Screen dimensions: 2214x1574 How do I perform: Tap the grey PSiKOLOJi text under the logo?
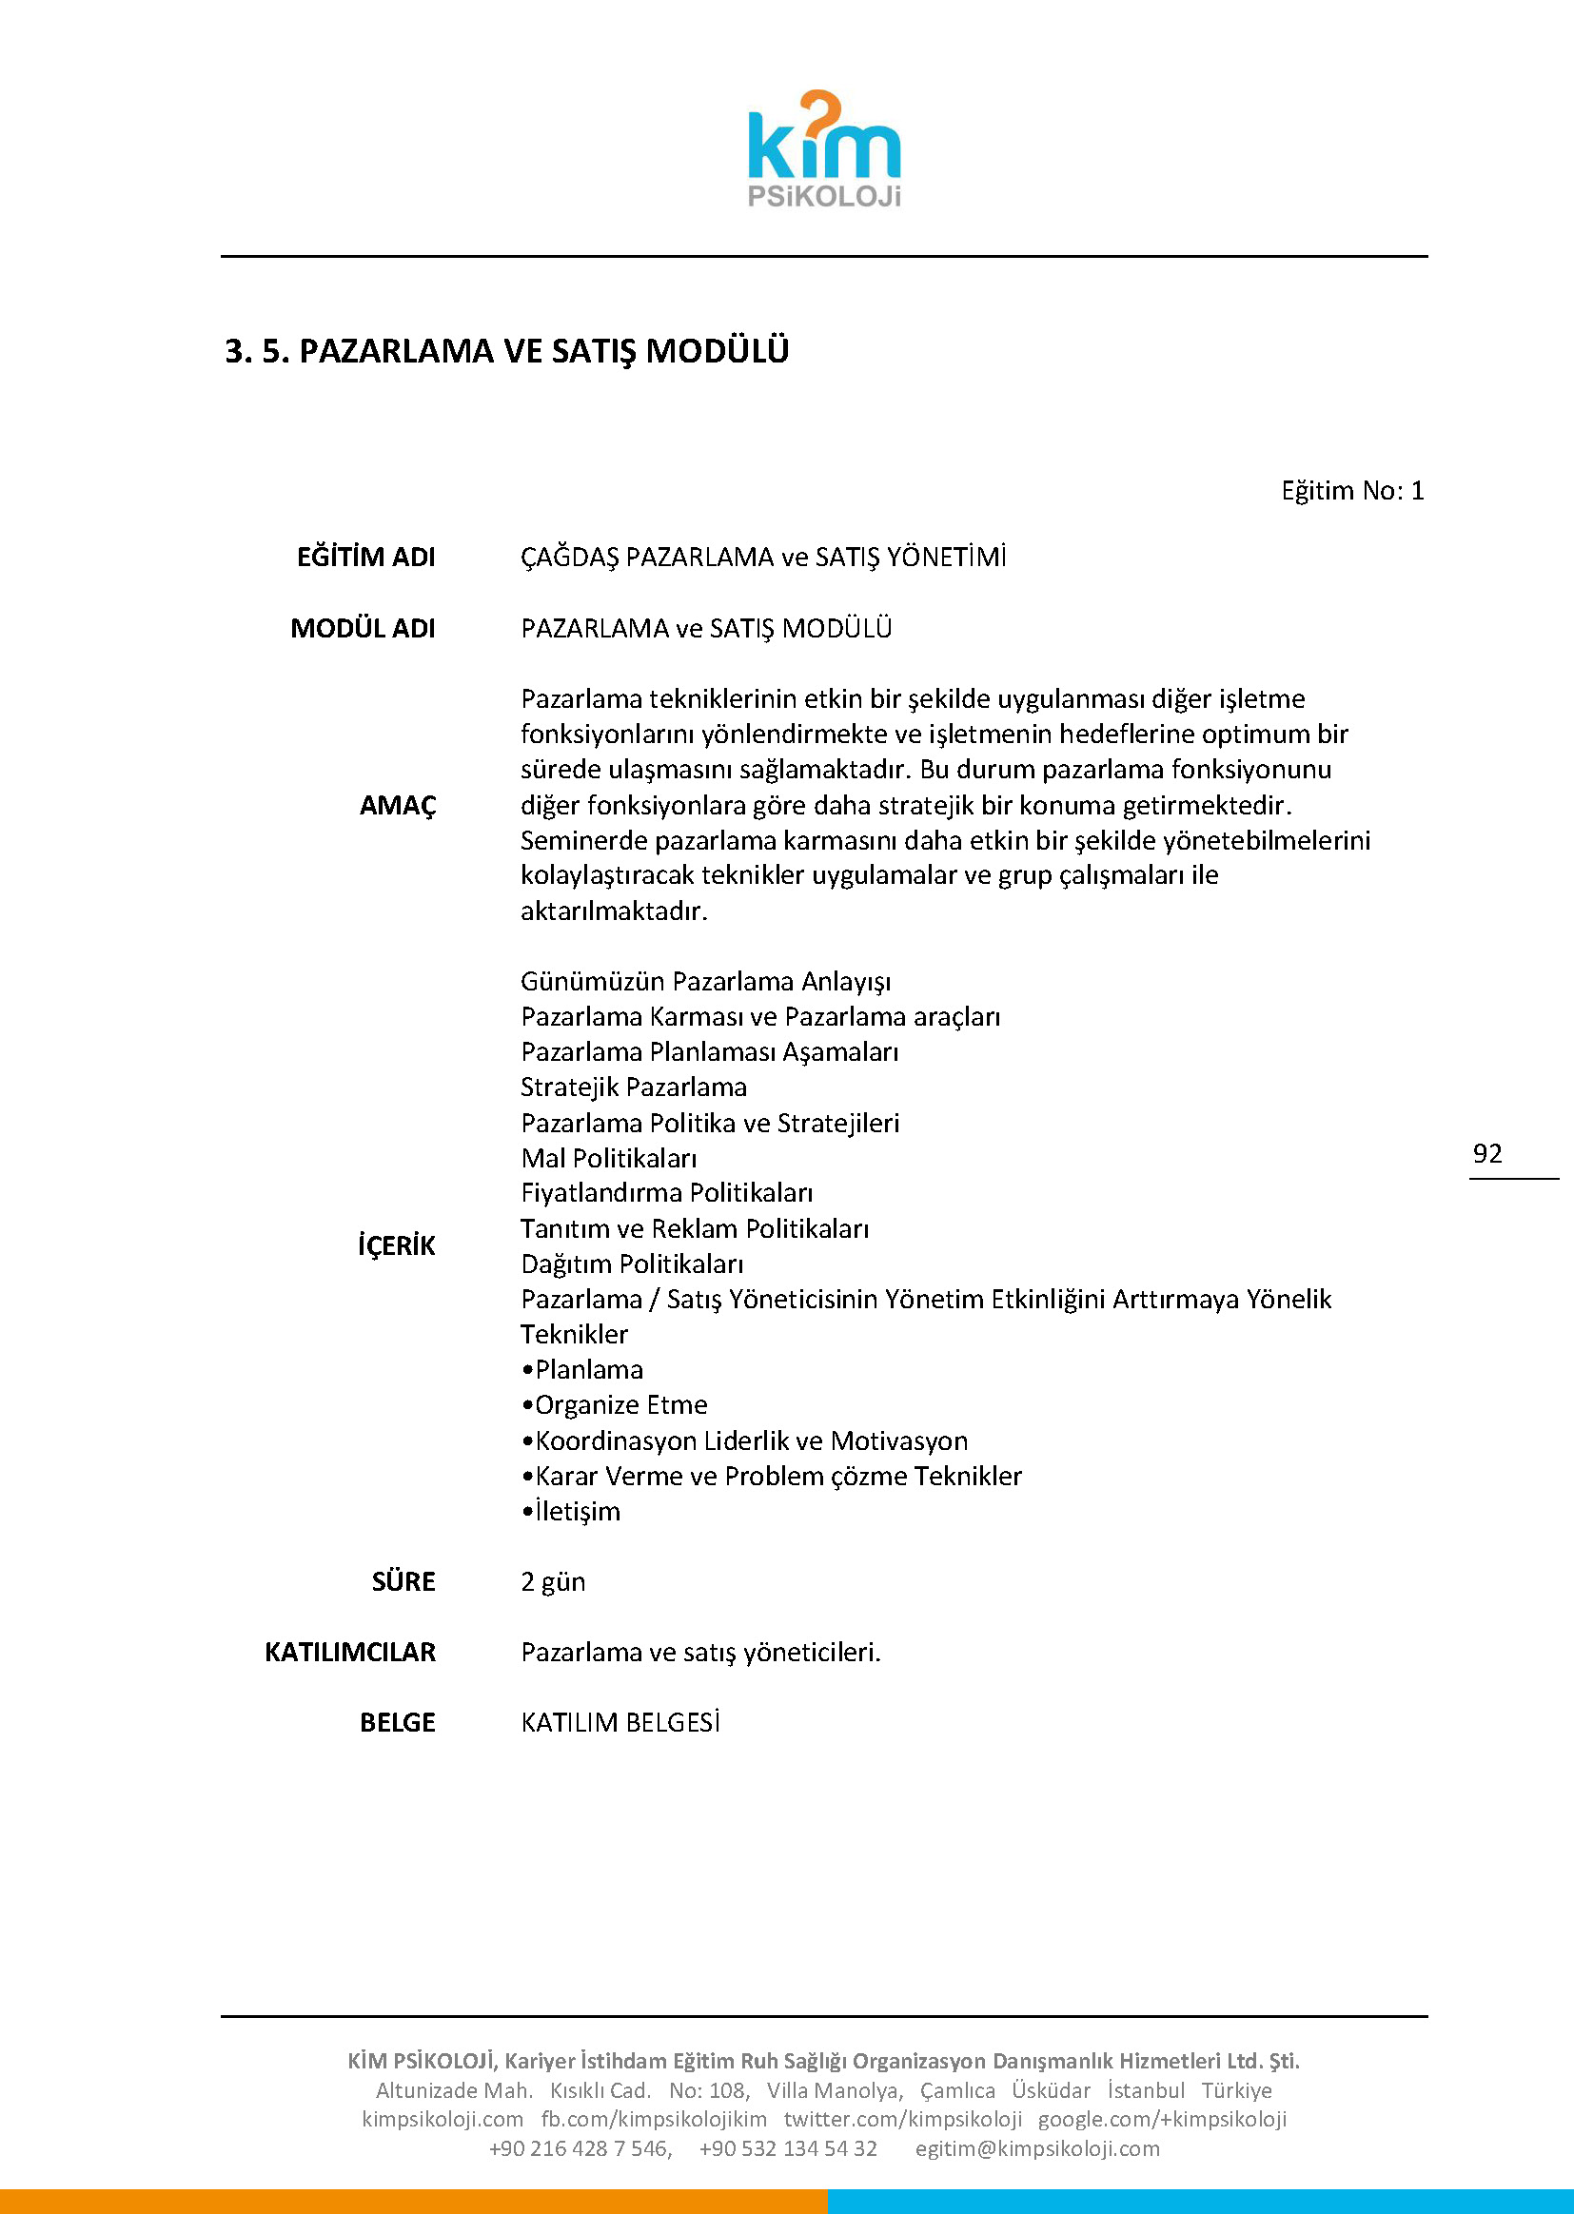(824, 197)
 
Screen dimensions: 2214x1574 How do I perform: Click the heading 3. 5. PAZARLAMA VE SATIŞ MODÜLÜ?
(507, 351)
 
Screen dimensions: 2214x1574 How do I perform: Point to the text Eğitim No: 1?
(1352, 490)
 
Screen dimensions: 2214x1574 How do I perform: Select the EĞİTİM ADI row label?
(365, 558)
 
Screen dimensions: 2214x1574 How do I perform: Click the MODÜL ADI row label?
(363, 628)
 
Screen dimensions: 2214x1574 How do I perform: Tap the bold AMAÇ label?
(398, 805)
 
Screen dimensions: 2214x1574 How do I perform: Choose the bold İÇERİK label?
(397, 1245)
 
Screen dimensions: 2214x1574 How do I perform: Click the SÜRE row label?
(403, 1581)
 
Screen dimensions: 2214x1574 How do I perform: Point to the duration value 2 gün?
(553, 1581)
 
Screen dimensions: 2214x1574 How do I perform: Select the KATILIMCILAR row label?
(350, 1652)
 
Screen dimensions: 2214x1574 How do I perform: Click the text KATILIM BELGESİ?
(620, 1723)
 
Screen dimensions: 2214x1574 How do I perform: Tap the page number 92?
(1486, 1153)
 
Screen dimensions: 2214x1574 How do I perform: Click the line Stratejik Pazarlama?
(633, 1087)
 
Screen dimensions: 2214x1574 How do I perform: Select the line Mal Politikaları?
(609, 1158)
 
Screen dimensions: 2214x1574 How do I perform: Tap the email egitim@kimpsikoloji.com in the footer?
(1037, 2148)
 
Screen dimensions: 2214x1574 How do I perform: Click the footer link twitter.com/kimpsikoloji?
(902, 2119)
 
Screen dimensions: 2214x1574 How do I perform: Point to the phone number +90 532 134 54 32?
(787, 2148)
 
